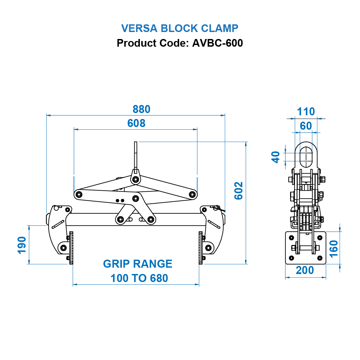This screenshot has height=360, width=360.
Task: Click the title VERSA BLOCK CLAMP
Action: [180, 28]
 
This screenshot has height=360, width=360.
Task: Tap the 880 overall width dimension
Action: [142, 109]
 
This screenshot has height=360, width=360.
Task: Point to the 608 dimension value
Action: [136, 123]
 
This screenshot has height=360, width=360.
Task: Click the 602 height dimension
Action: [239, 191]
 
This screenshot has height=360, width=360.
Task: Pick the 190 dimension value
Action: [22, 245]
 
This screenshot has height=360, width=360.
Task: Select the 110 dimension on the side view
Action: [306, 112]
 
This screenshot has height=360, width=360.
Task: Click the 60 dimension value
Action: [306, 126]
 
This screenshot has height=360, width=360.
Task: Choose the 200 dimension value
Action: [305, 270]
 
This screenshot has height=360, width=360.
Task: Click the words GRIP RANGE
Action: [138, 264]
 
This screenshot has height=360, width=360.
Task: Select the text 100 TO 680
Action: [139, 278]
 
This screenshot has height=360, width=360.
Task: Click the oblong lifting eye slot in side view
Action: [306, 157]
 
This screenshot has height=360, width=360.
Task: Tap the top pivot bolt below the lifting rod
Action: [135, 180]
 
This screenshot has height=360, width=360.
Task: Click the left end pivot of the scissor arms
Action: [79, 194]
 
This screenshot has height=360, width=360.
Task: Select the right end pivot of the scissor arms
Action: [192, 194]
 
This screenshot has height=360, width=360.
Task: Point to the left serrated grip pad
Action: [71, 248]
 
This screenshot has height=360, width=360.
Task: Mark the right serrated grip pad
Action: [200, 248]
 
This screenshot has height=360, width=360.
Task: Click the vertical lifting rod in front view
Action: [136, 155]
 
